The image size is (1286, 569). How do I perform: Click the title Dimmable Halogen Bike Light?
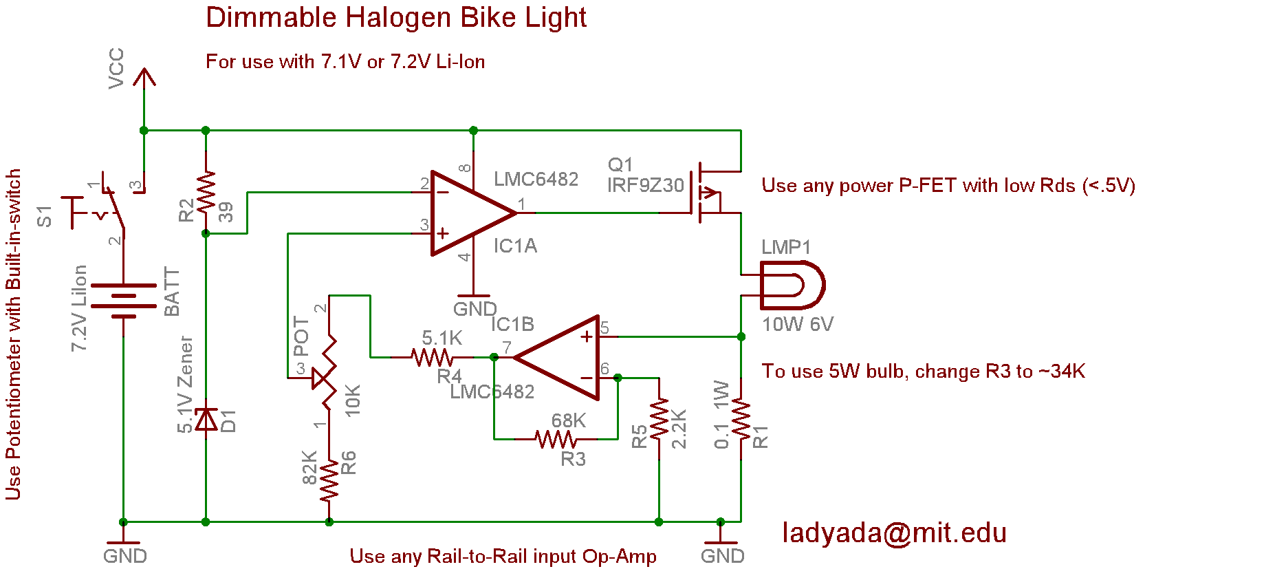396,18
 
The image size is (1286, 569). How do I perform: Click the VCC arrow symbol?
144,77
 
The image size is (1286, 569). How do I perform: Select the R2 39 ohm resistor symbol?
206,192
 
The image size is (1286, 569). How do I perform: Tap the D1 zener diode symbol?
206,419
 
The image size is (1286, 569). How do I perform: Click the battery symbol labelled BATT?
124,301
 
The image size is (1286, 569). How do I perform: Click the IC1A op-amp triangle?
474,213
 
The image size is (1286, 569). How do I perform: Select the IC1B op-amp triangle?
556,358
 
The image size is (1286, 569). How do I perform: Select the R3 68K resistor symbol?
556,439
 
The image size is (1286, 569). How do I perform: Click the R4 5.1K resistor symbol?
432,357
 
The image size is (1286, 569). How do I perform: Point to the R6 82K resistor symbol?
329,480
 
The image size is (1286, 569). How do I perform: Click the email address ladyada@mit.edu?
895,533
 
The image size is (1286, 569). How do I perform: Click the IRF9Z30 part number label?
645,186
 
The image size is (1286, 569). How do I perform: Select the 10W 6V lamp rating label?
798,325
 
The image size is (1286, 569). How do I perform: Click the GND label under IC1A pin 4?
475,309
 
